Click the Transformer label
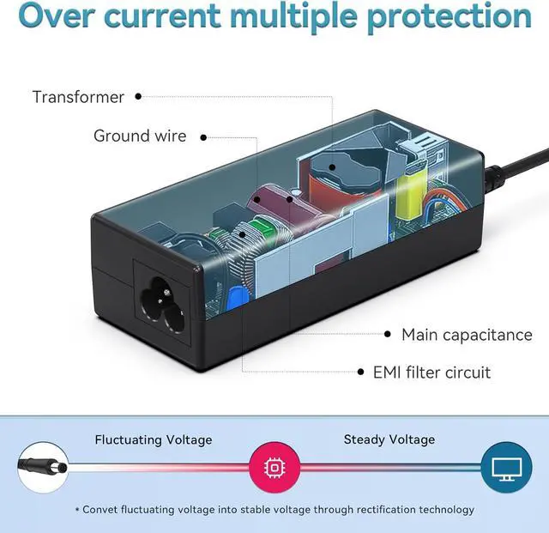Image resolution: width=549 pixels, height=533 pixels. tap(78, 96)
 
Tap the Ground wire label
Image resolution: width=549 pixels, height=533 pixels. tap(140, 136)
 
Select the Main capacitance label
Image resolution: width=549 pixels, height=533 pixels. tap(467, 335)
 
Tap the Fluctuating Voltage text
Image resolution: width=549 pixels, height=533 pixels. tap(153, 439)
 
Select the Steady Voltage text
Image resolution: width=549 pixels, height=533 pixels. tap(389, 439)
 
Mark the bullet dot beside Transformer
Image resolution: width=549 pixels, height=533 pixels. tap(138, 96)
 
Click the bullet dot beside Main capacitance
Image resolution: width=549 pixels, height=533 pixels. tap(386, 335)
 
